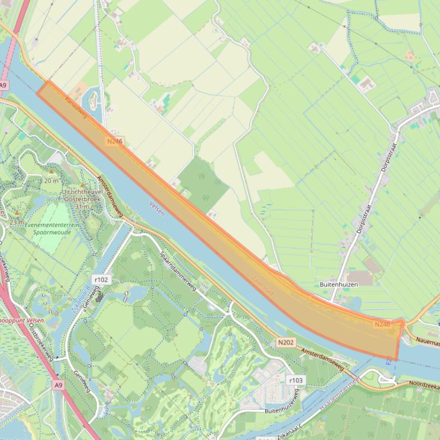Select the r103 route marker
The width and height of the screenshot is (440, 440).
tap(295, 380)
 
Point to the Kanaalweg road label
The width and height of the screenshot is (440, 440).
tap(75, 107)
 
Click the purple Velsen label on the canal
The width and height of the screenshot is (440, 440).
tap(157, 208)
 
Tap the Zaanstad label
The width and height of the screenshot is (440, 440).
tap(263, 286)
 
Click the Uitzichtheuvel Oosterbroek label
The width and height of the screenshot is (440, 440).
tap(82, 195)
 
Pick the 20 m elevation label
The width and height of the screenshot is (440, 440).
tap(51, 181)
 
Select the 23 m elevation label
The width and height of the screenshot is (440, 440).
tap(17, 222)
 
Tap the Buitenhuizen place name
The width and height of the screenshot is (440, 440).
tap(338, 283)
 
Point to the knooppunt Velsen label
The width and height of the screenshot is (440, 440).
tap(22, 320)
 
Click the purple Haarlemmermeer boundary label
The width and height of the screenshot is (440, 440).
tap(339, 392)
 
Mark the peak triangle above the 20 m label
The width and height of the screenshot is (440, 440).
tap(51, 171)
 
